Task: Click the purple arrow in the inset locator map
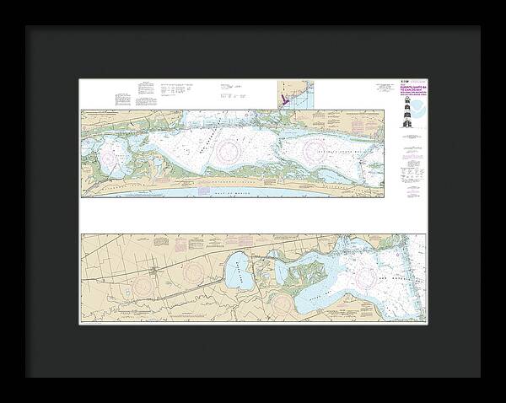284,99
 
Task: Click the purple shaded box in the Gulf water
205,191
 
